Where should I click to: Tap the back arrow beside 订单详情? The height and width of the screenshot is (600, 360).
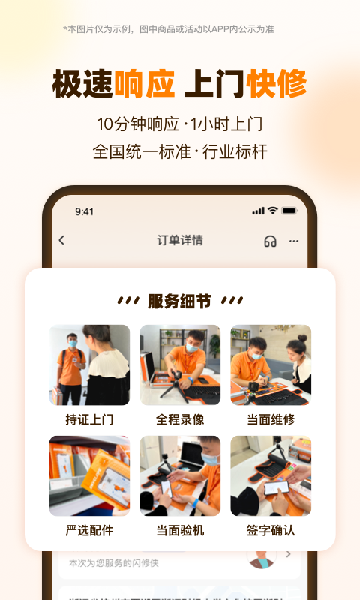pyautogui.click(x=61, y=240)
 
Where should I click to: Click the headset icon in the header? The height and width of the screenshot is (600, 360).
pyautogui.click(x=271, y=241)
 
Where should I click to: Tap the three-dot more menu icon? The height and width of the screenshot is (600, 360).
pyautogui.click(x=293, y=241)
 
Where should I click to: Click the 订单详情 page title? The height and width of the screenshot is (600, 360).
pyautogui.click(x=180, y=240)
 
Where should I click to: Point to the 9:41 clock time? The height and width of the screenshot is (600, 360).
pyautogui.click(x=85, y=211)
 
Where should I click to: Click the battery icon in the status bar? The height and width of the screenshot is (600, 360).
pyautogui.click(x=289, y=211)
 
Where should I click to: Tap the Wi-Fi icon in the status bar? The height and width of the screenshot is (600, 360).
pyautogui.click(x=273, y=211)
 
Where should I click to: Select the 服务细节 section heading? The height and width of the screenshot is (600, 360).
pyautogui.click(x=180, y=301)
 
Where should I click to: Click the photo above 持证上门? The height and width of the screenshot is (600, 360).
pyautogui.click(x=89, y=365)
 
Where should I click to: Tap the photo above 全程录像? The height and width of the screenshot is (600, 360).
pyautogui.click(x=180, y=365)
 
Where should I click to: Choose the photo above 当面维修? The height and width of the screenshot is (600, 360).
pyautogui.click(x=271, y=365)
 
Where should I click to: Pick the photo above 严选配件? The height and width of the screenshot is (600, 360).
pyautogui.click(x=89, y=475)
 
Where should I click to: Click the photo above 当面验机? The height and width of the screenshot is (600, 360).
pyautogui.click(x=180, y=475)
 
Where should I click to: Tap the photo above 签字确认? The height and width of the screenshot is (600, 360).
pyautogui.click(x=271, y=475)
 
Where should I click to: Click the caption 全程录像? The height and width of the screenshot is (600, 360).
pyautogui.click(x=180, y=419)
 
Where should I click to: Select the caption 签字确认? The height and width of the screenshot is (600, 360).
pyautogui.click(x=271, y=530)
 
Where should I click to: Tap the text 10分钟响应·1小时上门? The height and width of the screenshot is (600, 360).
pyautogui.click(x=180, y=124)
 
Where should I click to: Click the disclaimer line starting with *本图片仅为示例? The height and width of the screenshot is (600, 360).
pyautogui.click(x=169, y=29)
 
